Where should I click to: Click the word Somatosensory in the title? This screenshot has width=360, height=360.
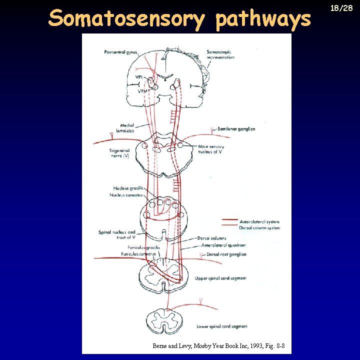(127, 19)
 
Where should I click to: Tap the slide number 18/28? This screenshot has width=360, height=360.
(344, 8)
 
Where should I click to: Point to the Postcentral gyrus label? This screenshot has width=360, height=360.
(120, 52)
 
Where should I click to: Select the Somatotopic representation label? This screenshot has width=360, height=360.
(220, 54)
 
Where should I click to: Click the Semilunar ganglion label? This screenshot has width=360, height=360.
(236, 129)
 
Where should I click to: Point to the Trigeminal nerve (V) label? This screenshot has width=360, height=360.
(119, 153)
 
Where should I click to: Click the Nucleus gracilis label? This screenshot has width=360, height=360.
(128, 188)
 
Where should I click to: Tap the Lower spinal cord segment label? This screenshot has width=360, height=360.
(222, 326)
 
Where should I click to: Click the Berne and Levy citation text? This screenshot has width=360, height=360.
(219, 345)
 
